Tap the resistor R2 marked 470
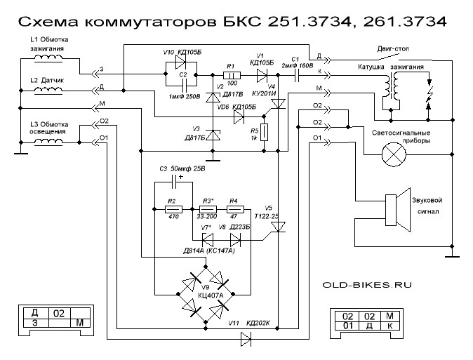click(x=173, y=209)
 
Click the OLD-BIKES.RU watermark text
click(x=366, y=286)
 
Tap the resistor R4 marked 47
click(x=235, y=209)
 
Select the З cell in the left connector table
click(x=34, y=324)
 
